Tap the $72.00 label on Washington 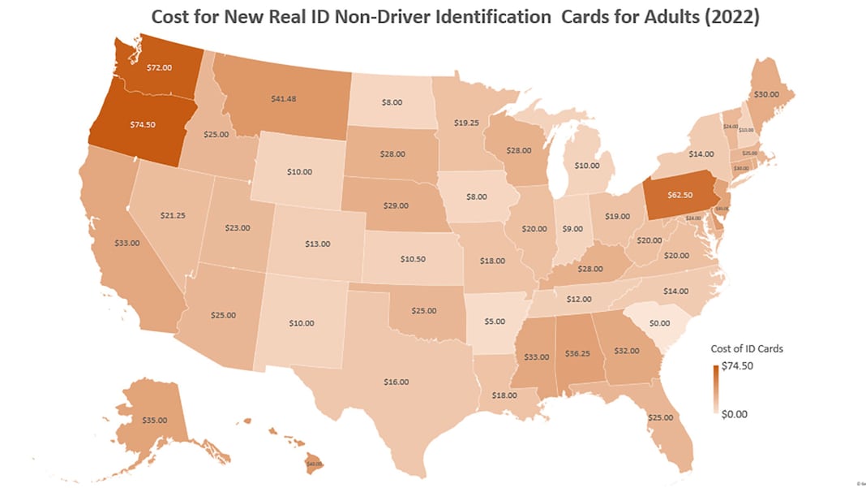pyautogui.click(x=159, y=68)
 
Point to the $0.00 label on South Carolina pyautogui.click(x=658, y=322)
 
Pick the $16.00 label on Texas pyautogui.click(x=397, y=381)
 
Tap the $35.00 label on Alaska pyautogui.click(x=154, y=420)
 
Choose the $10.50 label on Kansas pyautogui.click(x=413, y=259)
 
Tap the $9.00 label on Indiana pyautogui.click(x=573, y=229)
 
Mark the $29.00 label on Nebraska pyautogui.click(x=396, y=205)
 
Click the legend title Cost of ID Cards pyautogui.click(x=747, y=348)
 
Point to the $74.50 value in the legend pyautogui.click(x=737, y=365)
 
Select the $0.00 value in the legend pyautogui.click(x=734, y=413)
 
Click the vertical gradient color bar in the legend pyautogui.click(x=716, y=390)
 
